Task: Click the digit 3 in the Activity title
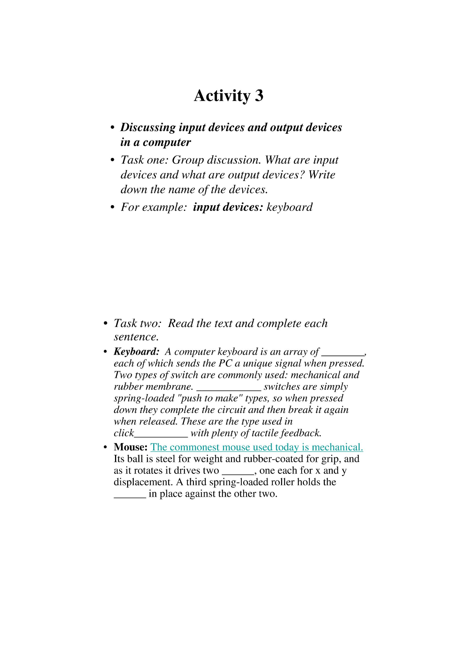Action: [x=259, y=96]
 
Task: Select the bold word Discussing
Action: [x=148, y=127]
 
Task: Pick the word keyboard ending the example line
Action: [x=289, y=207]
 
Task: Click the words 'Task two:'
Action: [x=138, y=323]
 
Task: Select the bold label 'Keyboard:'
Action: [x=137, y=352]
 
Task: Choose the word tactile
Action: [x=265, y=433]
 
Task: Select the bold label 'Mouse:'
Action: [x=130, y=447]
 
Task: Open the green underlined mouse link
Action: [x=257, y=447]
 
